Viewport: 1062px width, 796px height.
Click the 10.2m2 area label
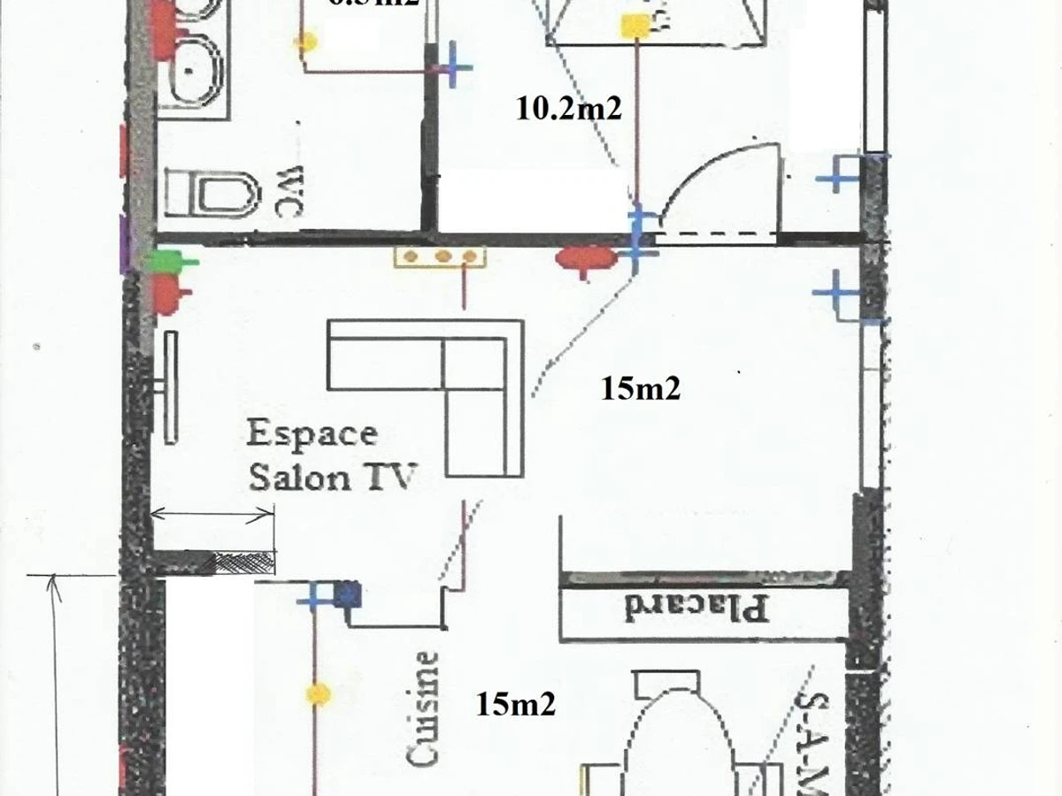coord(568,109)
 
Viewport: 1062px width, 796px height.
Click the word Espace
coord(312,434)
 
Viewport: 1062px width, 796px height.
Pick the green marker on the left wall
coord(167,261)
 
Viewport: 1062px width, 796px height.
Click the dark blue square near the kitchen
coord(348,594)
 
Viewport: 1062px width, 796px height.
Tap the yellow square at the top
coord(635,27)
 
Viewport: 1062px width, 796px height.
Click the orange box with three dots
coord(440,257)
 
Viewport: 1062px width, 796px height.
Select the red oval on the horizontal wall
coord(586,258)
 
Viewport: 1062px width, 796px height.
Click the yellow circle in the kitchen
coord(318,694)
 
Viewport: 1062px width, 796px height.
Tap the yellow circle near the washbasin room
coord(307,40)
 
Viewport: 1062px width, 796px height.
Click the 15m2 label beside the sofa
coord(640,388)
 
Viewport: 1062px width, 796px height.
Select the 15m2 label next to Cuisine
coord(516,704)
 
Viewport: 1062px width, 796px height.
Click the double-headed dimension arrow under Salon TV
coord(212,514)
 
